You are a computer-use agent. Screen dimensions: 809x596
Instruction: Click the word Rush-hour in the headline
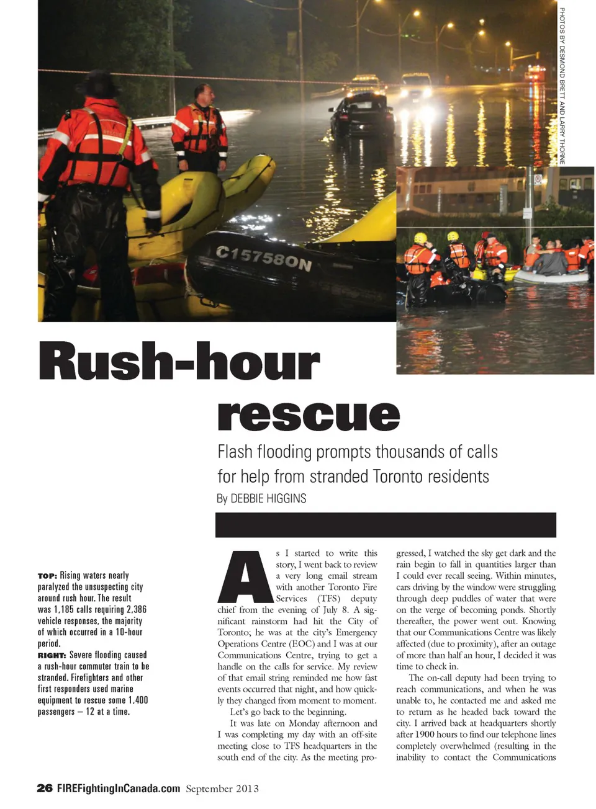179,362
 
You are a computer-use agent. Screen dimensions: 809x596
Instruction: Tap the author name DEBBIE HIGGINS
268,498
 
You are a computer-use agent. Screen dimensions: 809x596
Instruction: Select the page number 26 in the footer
45,788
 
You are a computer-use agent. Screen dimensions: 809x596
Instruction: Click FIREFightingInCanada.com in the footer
118,788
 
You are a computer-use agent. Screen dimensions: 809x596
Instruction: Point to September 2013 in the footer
222,789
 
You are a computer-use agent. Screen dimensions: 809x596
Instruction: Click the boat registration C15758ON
263,258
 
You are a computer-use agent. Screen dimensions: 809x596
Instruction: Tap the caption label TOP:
47,576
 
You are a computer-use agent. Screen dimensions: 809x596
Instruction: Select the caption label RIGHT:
52,655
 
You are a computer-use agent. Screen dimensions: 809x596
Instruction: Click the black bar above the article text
385,525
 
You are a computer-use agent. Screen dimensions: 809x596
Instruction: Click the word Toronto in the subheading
397,476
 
